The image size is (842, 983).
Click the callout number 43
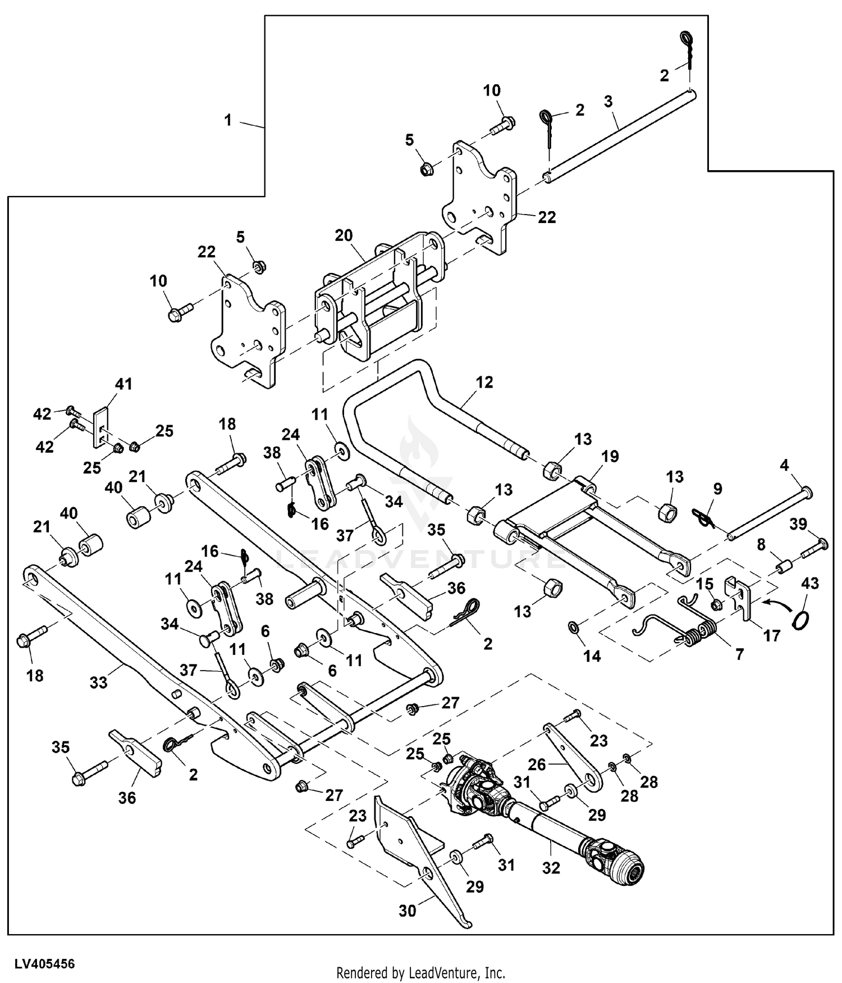point(810,583)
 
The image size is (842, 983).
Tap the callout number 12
point(484,382)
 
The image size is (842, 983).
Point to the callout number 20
point(344,235)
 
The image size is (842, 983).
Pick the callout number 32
point(551,868)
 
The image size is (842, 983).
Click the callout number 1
point(228,120)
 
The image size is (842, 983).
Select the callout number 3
point(608,102)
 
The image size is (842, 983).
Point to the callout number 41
point(123,384)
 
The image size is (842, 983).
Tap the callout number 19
point(610,456)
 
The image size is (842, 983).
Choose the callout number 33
point(98,682)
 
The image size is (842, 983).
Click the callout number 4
point(784,465)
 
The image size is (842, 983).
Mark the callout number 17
point(772,636)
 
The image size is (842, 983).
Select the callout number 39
point(798,524)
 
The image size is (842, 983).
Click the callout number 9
point(717,488)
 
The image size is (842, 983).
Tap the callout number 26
point(537,764)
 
